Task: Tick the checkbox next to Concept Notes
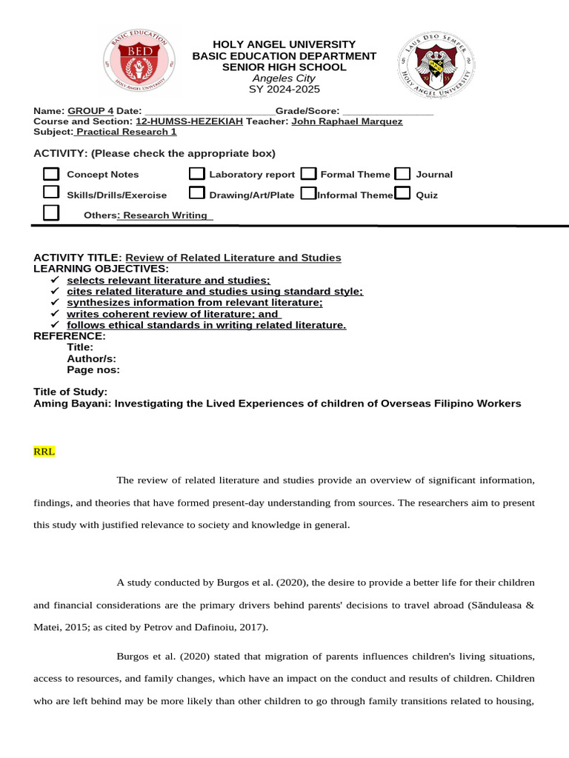[x=51, y=174]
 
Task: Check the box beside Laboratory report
[x=196, y=174]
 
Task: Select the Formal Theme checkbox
[x=309, y=174]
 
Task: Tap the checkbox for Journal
[x=402, y=174]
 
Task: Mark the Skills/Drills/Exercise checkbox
[x=51, y=193]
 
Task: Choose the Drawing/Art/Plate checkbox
[x=196, y=194]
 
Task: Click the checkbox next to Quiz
[x=402, y=194]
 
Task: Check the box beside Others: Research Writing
[x=51, y=213]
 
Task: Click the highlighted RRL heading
[x=44, y=450]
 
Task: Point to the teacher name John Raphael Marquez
[x=347, y=121]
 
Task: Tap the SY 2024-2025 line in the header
[x=284, y=90]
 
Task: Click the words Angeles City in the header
[x=284, y=78]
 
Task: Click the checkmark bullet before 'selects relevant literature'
[x=54, y=281]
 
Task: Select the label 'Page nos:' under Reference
[x=93, y=370]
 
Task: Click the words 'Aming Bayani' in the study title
[x=67, y=403]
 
